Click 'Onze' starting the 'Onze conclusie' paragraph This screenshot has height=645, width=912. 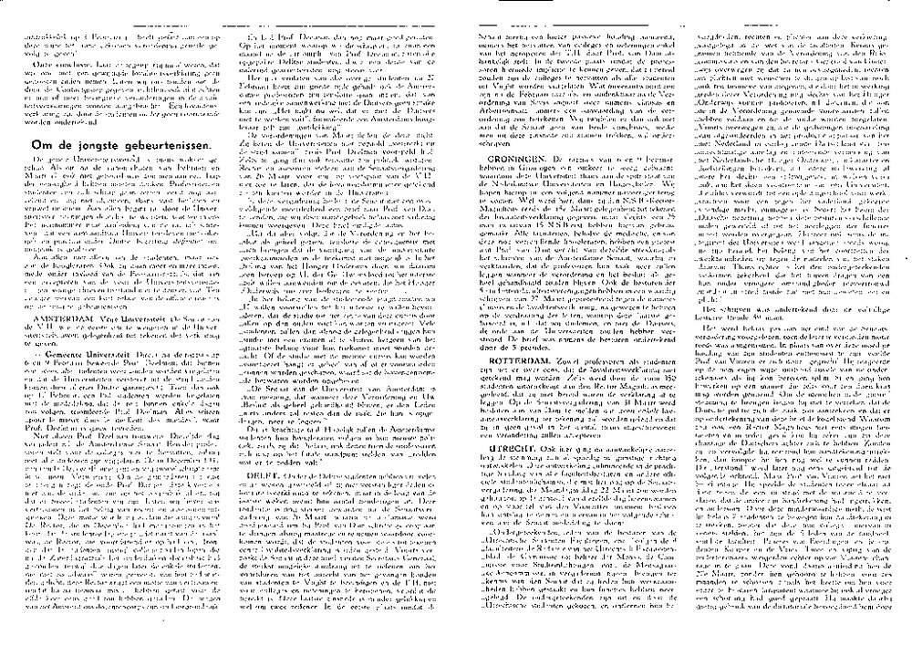[43, 65]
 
